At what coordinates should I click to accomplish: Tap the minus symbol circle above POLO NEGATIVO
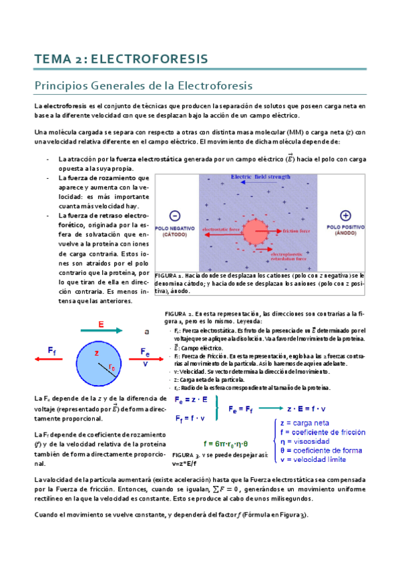[x=175, y=216]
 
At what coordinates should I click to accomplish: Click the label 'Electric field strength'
[x=260, y=177]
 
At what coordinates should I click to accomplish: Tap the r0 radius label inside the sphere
[x=112, y=367]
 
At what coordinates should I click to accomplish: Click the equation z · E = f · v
[x=312, y=408]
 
